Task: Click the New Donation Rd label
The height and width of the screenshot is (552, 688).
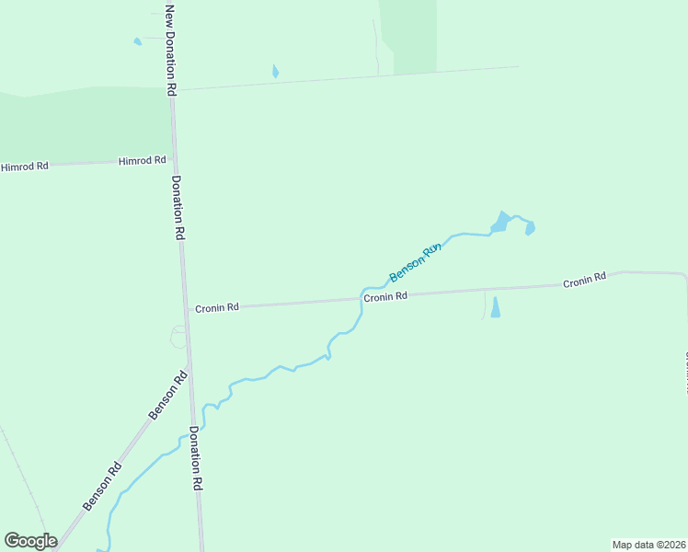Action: click(x=170, y=51)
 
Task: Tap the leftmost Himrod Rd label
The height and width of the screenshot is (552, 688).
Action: click(x=24, y=167)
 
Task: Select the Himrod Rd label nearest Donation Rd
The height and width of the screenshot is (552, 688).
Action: click(x=142, y=161)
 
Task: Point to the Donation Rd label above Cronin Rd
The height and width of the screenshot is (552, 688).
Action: click(x=178, y=209)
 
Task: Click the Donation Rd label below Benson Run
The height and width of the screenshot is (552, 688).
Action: click(x=195, y=458)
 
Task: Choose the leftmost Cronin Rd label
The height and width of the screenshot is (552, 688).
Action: click(x=217, y=307)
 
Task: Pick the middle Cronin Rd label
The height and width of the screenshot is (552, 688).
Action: click(x=385, y=297)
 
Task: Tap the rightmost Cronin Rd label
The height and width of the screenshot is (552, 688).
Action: click(x=585, y=280)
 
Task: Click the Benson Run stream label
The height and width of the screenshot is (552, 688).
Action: click(x=416, y=263)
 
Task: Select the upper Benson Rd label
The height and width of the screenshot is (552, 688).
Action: click(x=168, y=397)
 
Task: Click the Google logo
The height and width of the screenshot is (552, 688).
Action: click(x=30, y=541)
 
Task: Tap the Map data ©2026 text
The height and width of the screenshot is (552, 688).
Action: click(x=648, y=545)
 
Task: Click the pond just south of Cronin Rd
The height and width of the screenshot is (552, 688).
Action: click(x=496, y=307)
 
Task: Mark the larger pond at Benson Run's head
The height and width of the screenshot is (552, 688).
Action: click(x=500, y=222)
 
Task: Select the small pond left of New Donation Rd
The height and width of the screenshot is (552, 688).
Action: click(x=138, y=41)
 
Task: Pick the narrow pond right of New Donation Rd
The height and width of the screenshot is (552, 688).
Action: click(x=275, y=71)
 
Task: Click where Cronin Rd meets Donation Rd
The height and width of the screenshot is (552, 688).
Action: click(x=186, y=309)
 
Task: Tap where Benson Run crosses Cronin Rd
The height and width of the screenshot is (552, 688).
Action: click(x=361, y=298)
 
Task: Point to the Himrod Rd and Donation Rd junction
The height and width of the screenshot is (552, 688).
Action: click(x=174, y=159)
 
